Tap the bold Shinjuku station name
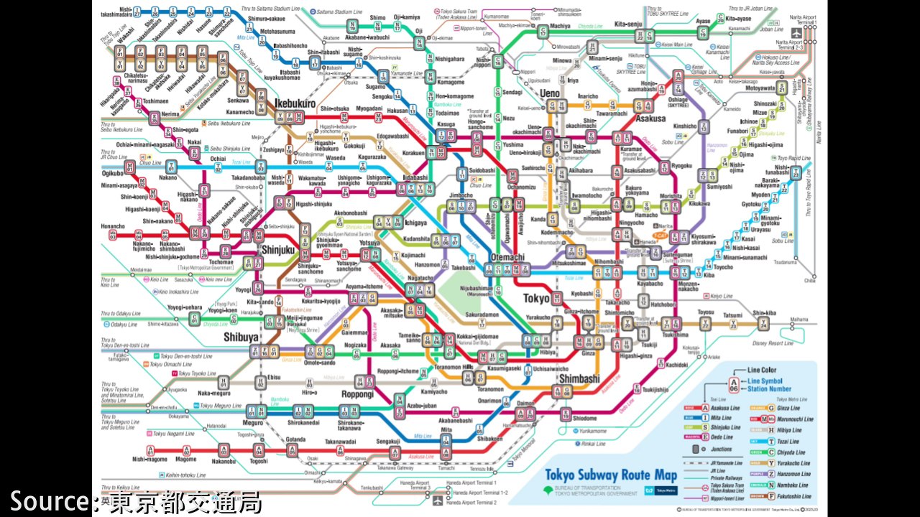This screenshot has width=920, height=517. tap(279, 250)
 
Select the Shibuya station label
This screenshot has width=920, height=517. tap(240, 337)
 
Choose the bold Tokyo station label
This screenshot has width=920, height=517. tap(536, 298)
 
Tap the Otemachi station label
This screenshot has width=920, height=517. tap(507, 258)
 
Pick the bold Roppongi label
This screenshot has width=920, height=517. tap(357, 394)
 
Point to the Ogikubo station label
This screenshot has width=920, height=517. tap(113, 173)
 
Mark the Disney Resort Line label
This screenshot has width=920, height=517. tap(773, 343)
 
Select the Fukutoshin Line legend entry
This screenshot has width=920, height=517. tap(793, 496)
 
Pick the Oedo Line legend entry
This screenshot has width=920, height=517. tap(721, 437)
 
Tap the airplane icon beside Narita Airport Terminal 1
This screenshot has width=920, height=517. tap(796, 33)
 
